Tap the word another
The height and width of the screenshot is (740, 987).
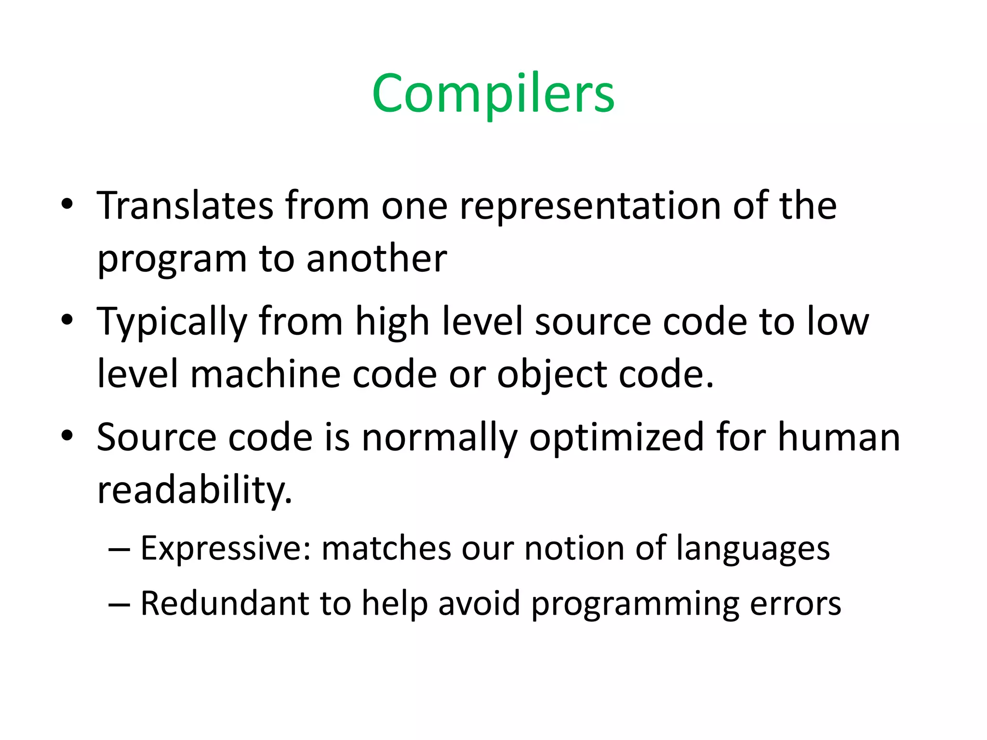coord(376,259)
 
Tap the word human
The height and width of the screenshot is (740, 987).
coord(839,437)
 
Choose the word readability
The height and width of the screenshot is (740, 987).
coord(195,490)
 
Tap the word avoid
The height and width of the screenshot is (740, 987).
coord(479,603)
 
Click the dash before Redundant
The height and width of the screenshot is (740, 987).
coord(120,604)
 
